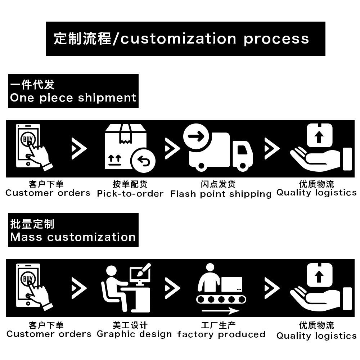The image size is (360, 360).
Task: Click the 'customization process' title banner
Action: (x=185, y=39)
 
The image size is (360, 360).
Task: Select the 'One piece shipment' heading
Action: (x=73, y=91)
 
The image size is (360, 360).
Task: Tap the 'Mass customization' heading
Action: (x=73, y=230)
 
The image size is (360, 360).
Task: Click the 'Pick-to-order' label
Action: (x=130, y=194)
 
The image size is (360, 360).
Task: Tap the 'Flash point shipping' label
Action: (x=221, y=194)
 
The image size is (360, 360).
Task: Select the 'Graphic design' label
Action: (x=134, y=334)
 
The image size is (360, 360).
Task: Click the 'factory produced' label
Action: (x=221, y=334)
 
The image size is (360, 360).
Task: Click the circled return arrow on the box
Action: (x=143, y=161)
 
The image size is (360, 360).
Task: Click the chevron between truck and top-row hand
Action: (x=271, y=148)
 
